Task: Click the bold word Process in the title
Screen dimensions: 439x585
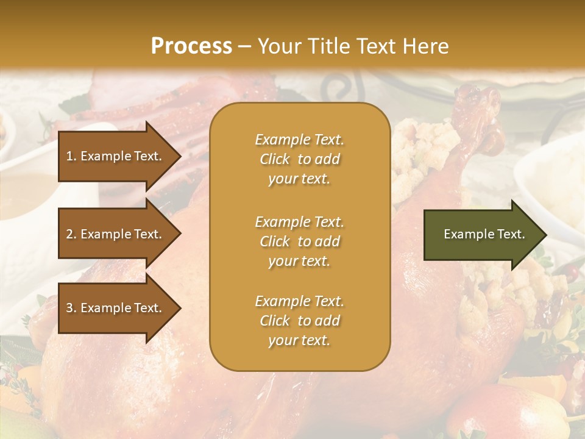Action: [x=191, y=46]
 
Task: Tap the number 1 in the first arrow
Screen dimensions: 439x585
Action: [x=69, y=156]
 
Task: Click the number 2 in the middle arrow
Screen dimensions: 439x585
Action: [x=69, y=234]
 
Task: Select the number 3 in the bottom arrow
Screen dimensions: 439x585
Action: [x=69, y=309]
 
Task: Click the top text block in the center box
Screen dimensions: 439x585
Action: [x=299, y=159]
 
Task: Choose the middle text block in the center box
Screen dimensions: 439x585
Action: [x=299, y=241]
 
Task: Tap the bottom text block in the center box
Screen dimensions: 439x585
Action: [x=299, y=321]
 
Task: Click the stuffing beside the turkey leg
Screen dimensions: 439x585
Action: [x=420, y=152]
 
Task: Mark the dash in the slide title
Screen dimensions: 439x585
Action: [x=244, y=47]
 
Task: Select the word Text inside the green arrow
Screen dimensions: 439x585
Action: [x=512, y=234]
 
